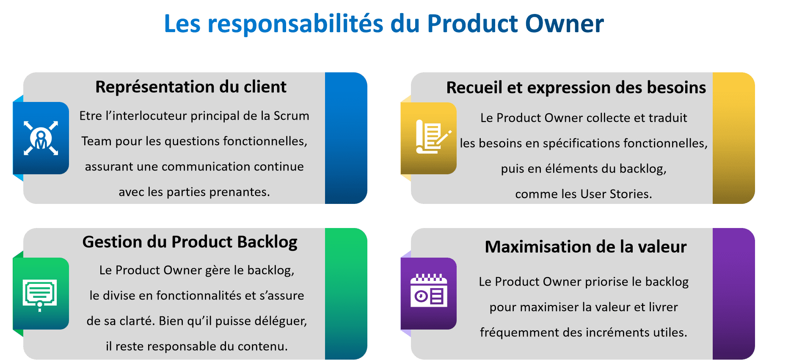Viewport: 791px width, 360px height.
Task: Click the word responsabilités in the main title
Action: coord(295,24)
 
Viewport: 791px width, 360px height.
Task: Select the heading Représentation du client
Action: coord(191,87)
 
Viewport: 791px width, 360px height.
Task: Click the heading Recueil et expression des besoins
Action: coord(576,88)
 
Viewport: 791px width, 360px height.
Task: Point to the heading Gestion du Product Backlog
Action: coord(190,242)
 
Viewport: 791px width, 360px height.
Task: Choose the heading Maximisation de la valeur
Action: coord(586,247)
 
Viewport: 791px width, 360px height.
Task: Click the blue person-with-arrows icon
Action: coord(41,138)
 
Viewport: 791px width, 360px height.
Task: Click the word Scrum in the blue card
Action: coord(291,116)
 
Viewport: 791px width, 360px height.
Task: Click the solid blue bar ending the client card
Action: coord(346,138)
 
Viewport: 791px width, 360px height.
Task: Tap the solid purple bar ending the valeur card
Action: coord(733,294)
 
